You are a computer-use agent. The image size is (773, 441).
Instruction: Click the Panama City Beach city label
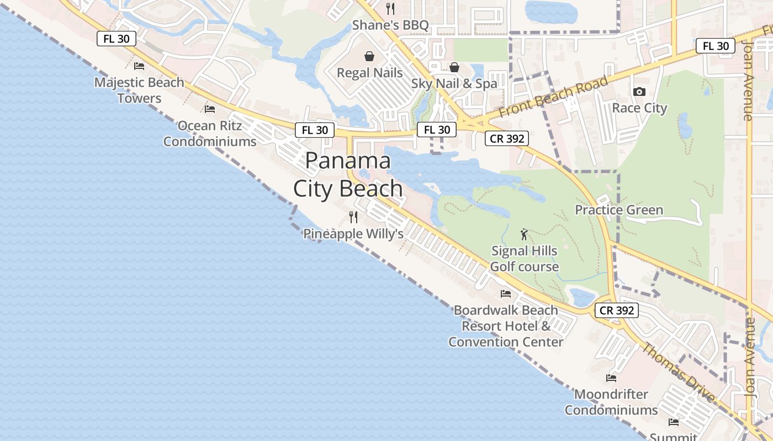348,175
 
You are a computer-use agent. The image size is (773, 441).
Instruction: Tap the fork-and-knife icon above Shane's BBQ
390,9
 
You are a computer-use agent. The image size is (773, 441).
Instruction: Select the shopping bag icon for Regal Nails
369,56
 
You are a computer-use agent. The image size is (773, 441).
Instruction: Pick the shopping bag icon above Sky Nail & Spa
454,67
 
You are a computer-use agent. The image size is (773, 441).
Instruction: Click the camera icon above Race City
639,92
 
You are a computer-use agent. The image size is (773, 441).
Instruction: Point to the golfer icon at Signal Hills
524,235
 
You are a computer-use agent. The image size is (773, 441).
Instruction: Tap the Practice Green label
619,210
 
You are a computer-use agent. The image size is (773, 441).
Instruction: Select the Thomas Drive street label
678,372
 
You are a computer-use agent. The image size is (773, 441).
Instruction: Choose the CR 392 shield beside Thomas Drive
617,310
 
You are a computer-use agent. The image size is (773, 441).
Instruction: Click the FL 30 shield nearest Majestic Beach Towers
116,39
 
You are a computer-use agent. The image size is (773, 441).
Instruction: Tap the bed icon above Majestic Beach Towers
139,66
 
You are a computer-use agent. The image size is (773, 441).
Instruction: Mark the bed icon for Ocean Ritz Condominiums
210,109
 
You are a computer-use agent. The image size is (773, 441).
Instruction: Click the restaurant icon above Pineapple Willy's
353,217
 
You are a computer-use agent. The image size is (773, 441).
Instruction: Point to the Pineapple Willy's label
353,234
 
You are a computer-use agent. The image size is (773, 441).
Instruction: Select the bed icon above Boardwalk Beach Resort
506,294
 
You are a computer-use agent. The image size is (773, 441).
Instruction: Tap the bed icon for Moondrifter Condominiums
611,378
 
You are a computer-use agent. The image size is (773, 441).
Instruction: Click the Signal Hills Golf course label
525,259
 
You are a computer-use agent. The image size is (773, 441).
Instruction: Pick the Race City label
639,108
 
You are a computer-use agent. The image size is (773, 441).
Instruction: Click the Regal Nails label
369,73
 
